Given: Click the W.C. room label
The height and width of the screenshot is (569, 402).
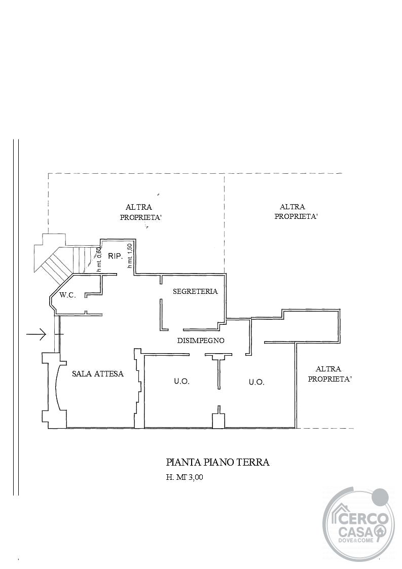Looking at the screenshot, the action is click(67, 295).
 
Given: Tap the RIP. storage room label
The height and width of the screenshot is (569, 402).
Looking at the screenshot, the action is click(116, 256).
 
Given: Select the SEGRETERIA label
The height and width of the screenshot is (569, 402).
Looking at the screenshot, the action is click(195, 291).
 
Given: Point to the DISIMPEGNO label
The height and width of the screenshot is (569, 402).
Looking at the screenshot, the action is click(200, 340).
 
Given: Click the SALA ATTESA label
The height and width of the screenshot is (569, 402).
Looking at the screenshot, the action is click(98, 373).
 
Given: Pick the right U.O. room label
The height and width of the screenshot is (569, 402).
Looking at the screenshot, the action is click(257, 382).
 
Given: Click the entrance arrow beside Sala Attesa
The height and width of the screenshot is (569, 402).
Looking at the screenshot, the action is click(36, 333).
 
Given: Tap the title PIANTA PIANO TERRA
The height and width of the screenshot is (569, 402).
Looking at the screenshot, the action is click(218, 462).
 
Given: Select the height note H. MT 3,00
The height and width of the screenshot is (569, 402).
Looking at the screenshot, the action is click(185, 477).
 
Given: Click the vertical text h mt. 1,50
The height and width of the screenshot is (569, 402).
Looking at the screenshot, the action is click(130, 255).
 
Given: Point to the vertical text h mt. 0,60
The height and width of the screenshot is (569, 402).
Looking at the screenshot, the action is click(99, 259).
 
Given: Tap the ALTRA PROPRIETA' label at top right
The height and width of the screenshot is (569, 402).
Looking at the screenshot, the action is click(297, 212).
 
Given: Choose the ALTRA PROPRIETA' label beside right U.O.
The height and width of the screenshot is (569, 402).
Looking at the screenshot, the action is click(330, 374).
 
